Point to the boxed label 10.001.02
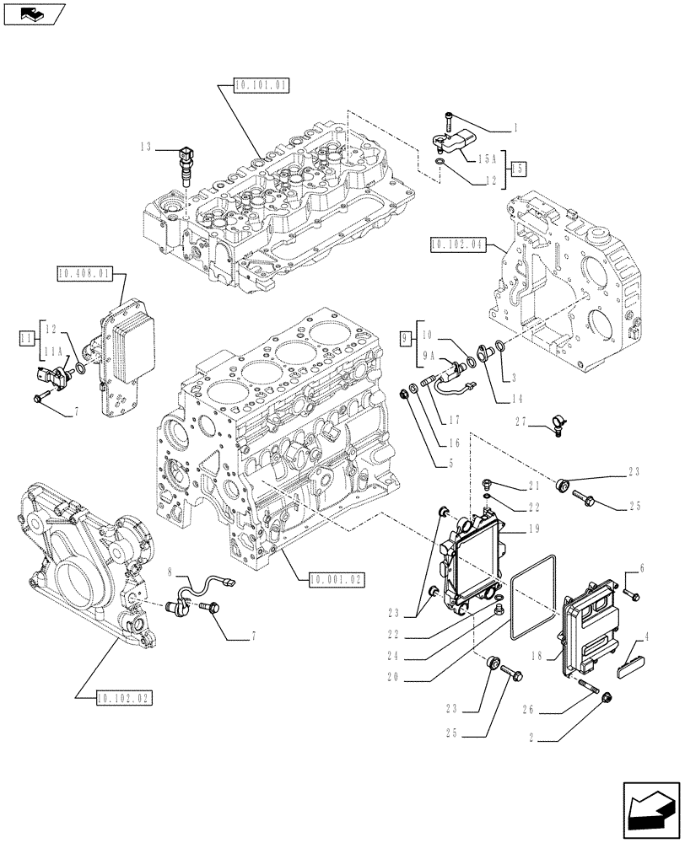point(335,579)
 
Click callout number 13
point(146,147)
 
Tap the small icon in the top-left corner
point(31,13)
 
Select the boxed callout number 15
point(517,169)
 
